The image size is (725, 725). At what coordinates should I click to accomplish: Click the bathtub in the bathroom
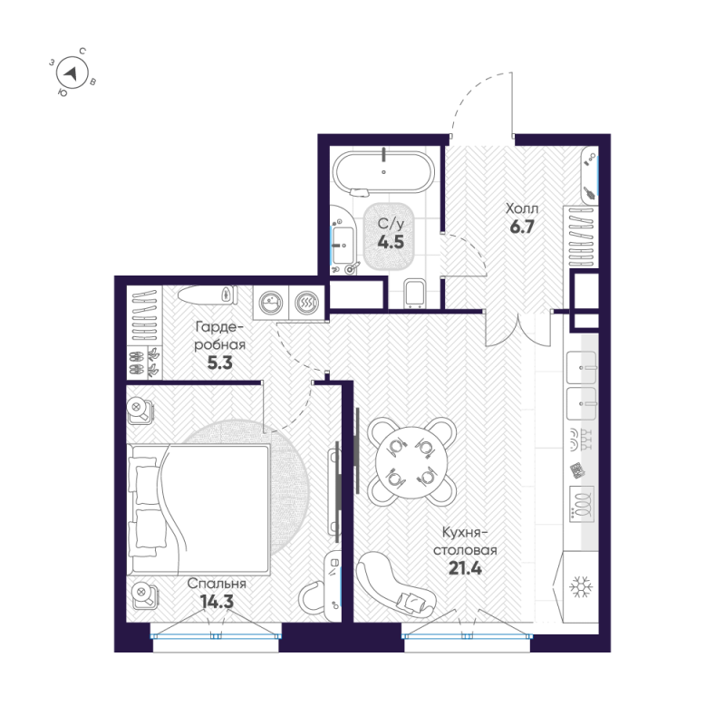[383, 171]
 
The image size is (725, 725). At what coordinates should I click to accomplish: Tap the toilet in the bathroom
[416, 293]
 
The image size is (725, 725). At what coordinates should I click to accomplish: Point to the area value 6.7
[521, 227]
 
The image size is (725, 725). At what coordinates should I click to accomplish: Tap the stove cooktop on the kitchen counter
[580, 500]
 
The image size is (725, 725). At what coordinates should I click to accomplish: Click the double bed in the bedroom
[199, 508]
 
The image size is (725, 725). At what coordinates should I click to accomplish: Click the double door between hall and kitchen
[517, 328]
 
